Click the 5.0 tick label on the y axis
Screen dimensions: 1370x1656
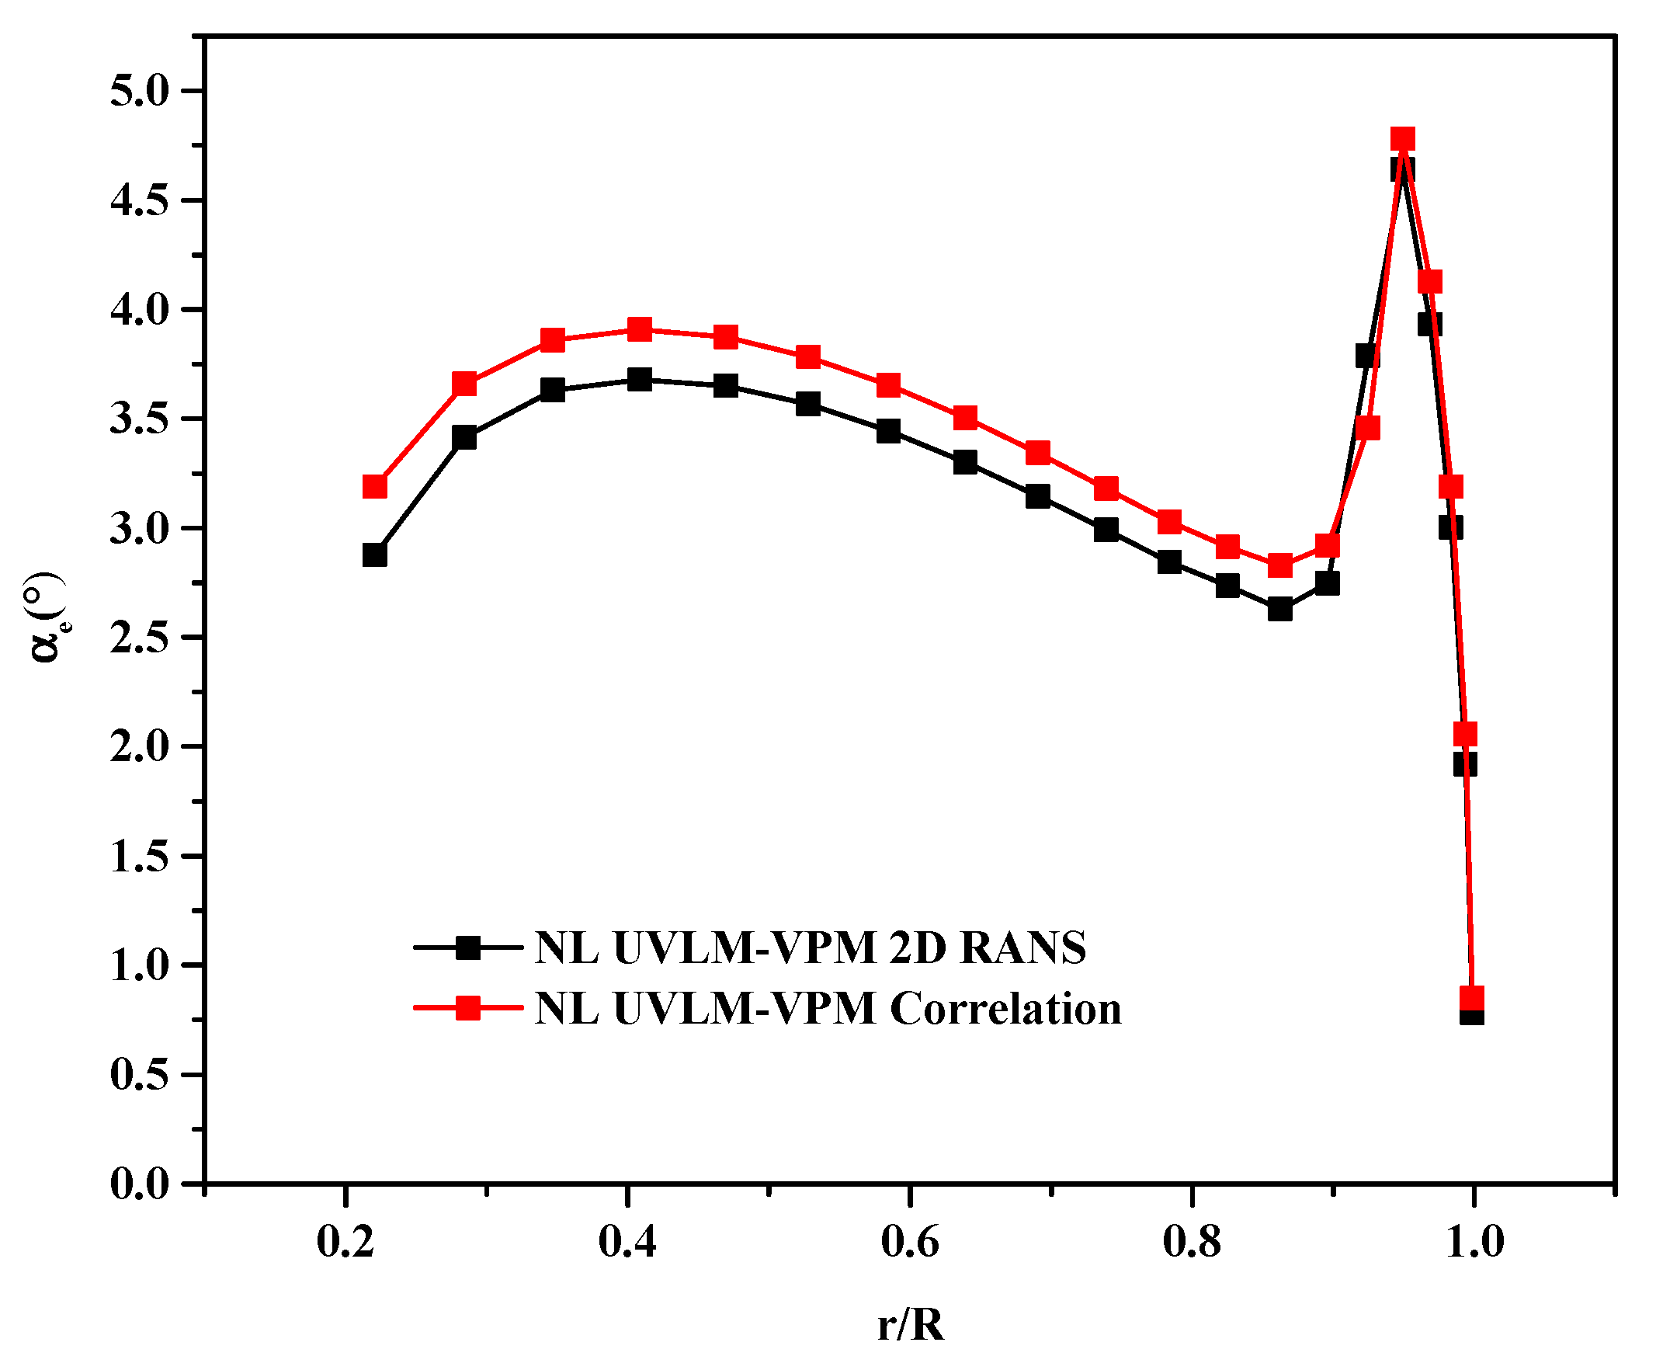141,92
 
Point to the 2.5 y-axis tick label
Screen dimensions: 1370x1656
141,639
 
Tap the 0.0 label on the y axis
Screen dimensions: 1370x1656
141,1184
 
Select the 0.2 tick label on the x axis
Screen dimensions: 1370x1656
345,1243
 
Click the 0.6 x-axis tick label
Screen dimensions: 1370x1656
910,1243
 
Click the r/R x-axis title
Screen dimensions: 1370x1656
910,1326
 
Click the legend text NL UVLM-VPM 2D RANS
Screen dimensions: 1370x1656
810,948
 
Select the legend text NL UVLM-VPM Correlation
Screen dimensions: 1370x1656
827,1009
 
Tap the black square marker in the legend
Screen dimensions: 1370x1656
468,948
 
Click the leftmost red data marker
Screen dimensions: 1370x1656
374,487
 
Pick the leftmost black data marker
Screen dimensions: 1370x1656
374,555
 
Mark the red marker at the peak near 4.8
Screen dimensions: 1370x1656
1403,140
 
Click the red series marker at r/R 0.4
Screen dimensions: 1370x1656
640,329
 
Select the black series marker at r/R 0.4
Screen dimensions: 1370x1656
640,379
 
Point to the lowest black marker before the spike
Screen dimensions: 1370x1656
1280,610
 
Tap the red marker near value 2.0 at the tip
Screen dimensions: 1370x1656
1465,734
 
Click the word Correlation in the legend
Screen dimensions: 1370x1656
1006,1009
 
